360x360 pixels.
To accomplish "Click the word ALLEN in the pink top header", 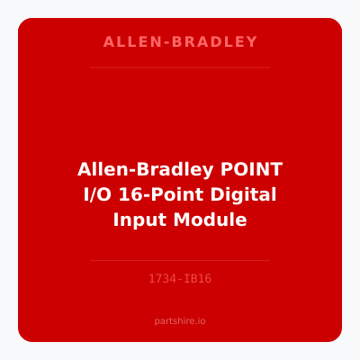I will pos(124,42).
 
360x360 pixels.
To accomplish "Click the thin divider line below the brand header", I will pos(180,67).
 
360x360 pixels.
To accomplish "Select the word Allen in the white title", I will pos(100,169).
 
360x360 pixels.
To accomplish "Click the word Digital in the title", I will pos(243,194).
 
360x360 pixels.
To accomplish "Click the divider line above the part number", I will pos(180,260).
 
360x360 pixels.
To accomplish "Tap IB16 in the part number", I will pos(198,279).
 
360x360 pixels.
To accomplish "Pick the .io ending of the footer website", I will pos(202,320).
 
